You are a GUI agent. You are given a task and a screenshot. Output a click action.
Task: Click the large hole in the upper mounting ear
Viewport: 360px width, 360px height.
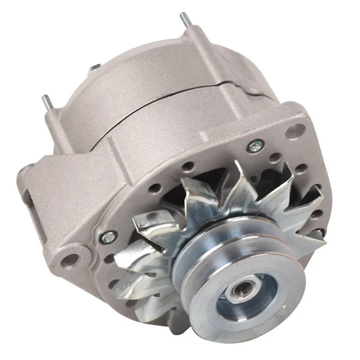tap(298, 130)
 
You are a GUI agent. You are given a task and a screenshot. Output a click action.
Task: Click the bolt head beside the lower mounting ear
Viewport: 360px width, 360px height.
tap(108, 235)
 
